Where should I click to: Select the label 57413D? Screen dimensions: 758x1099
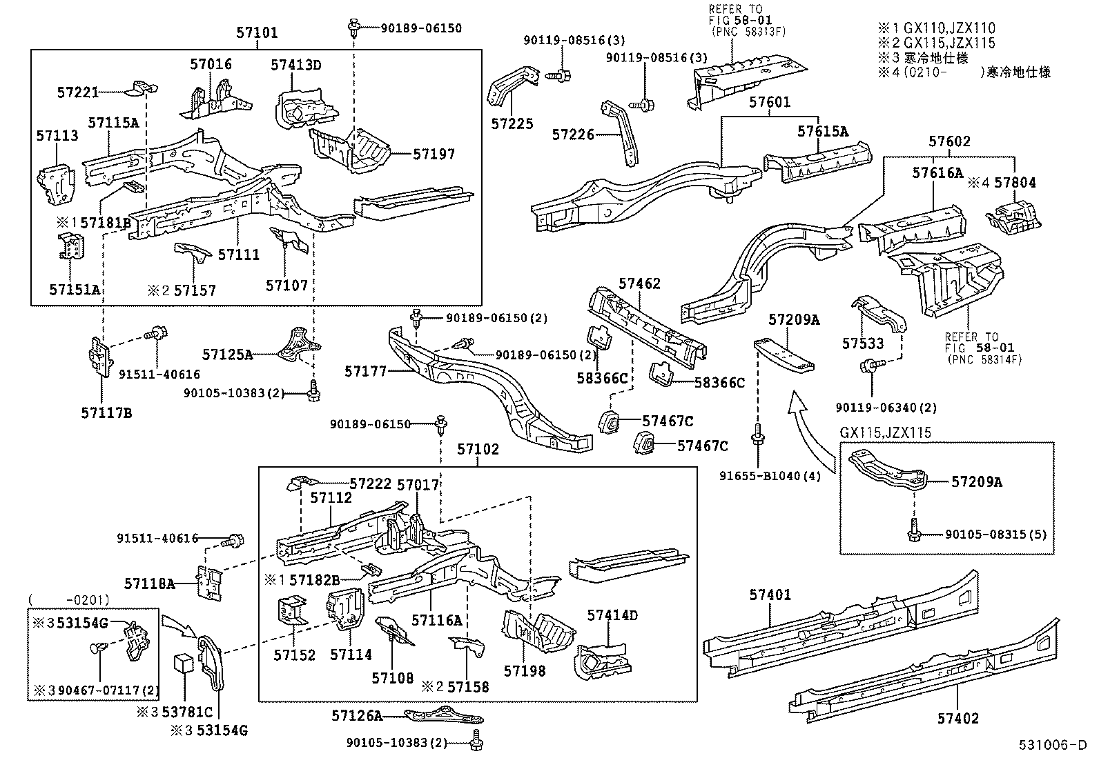pyautogui.click(x=295, y=66)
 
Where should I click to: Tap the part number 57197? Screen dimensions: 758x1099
pyautogui.click(x=434, y=154)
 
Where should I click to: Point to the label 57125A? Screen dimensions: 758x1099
pyautogui.click(x=227, y=355)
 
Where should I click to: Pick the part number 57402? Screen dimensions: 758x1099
pyautogui.click(x=957, y=718)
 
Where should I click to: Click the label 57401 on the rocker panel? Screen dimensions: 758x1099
pyautogui.click(x=770, y=595)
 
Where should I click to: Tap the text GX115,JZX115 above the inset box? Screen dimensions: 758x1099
pyautogui.click(x=885, y=433)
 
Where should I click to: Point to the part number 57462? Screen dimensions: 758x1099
pyautogui.click(x=639, y=283)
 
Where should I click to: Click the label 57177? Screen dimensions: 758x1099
pyautogui.click(x=365, y=372)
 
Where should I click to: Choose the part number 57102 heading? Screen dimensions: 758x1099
pyautogui.click(x=478, y=449)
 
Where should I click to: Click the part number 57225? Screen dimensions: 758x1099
pyautogui.click(x=512, y=124)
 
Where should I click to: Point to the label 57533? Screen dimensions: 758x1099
pyautogui.click(x=862, y=343)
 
